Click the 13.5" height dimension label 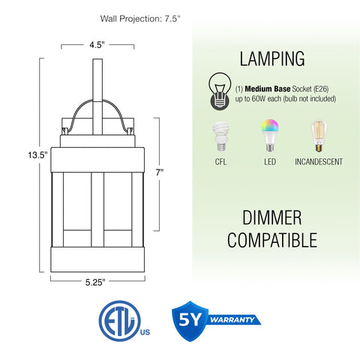[37, 155]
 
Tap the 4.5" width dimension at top [97, 45]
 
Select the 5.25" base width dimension [95, 283]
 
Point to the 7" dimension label [160, 172]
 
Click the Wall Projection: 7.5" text [140, 19]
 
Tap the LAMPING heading [272, 58]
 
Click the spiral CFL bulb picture [220, 136]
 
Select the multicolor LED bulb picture [270, 135]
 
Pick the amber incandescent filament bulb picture [319, 136]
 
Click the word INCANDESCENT [319, 162]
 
